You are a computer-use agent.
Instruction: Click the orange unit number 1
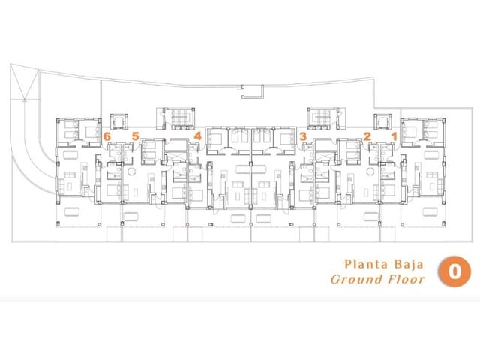coord(394,136)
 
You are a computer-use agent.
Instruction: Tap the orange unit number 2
coord(367,136)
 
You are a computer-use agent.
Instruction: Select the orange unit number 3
coord(303,136)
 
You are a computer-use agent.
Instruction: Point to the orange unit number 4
coord(198,136)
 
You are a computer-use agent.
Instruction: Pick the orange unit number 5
coord(136,136)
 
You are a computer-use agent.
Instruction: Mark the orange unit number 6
coord(106,136)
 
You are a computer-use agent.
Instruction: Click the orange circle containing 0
coord(454,271)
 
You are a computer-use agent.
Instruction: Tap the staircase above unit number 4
coord(178,118)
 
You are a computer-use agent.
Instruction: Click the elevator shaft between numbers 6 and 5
coord(119,121)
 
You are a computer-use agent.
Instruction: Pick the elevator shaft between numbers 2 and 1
coord(382,121)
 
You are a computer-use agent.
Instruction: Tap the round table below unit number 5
coord(132,172)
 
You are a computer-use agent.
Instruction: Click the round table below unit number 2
coord(370,172)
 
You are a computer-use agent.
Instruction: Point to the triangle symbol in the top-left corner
coord(25,82)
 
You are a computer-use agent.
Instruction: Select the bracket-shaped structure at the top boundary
coord(253,91)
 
